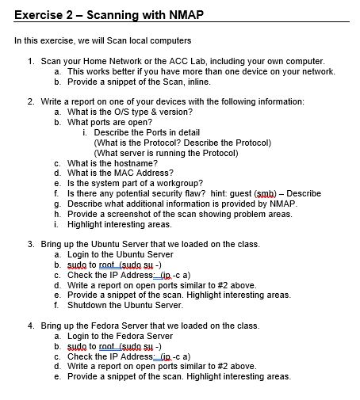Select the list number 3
click(30, 244)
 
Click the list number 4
click(30, 326)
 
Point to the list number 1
click(30, 61)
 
